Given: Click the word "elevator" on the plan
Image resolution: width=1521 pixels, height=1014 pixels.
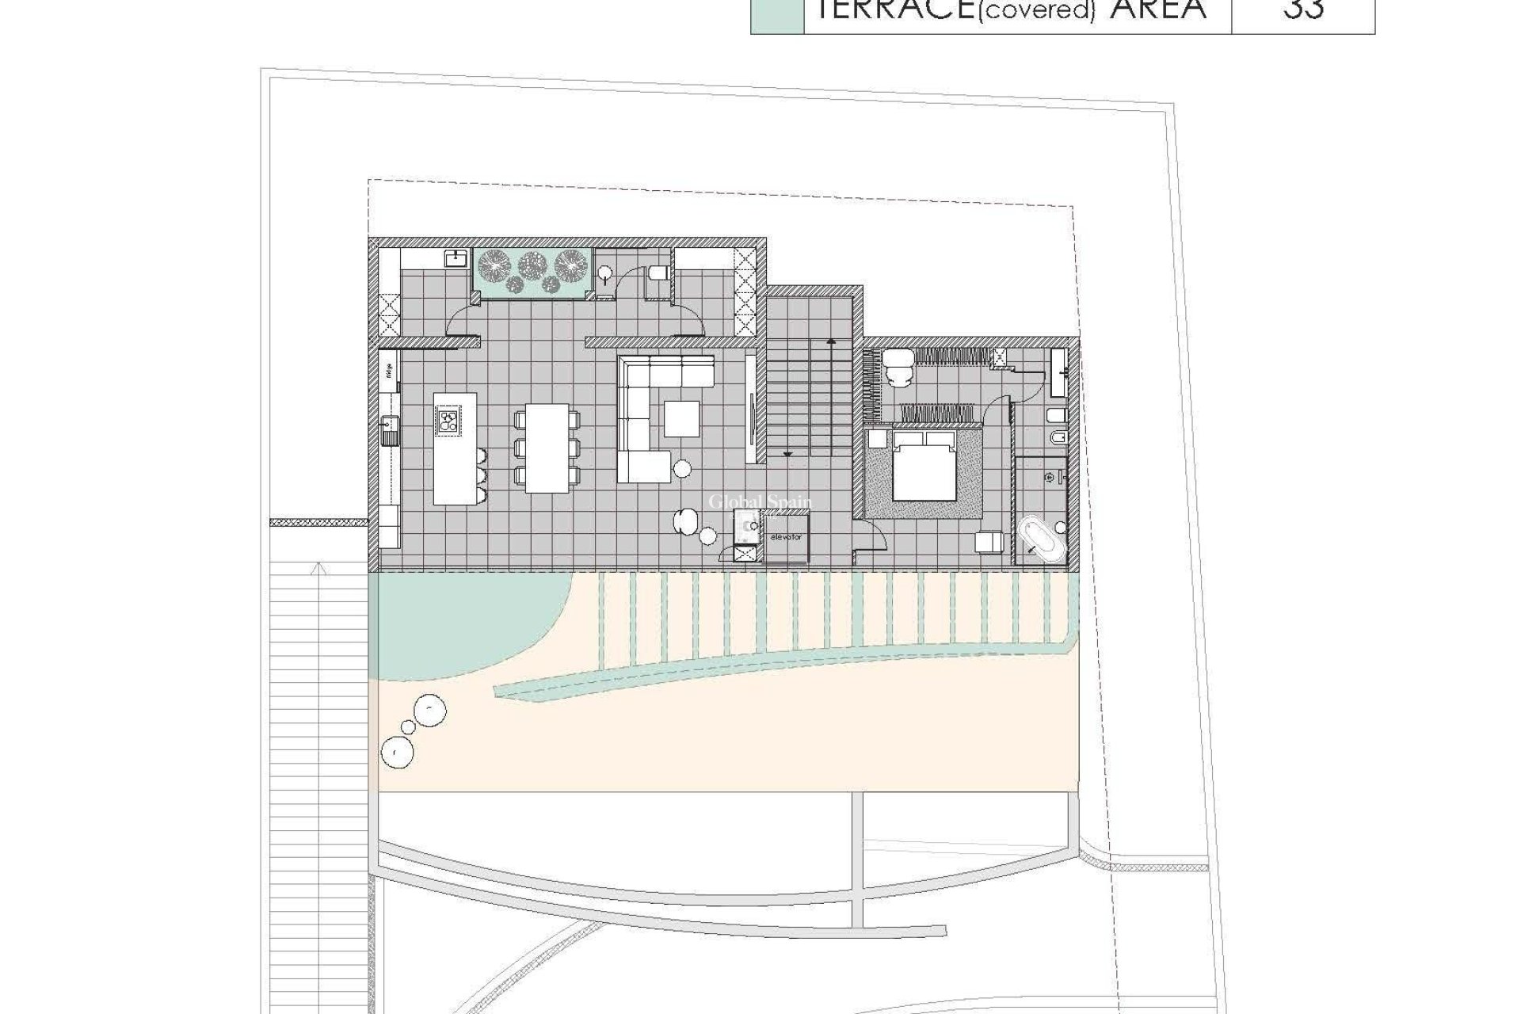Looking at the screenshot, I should click(785, 537).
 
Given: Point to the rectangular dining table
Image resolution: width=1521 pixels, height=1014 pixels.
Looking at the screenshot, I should click(547, 448).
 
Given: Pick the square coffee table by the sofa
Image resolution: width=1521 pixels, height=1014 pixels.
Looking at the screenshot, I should click(681, 419).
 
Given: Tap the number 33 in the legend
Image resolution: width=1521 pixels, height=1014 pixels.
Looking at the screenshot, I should click(1303, 10).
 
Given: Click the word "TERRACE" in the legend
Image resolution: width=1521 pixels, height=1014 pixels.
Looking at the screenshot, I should click(879, 10).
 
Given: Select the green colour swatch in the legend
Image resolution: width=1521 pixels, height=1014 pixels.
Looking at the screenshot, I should click(777, 16).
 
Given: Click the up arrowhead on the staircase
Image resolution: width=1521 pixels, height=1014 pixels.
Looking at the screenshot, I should click(831, 341).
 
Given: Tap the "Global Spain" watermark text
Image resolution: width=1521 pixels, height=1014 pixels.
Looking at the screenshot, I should click(760, 502).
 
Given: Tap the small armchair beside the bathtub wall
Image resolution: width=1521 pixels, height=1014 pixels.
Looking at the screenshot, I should click(989, 541).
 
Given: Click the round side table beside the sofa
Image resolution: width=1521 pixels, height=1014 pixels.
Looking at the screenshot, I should click(681, 470).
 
